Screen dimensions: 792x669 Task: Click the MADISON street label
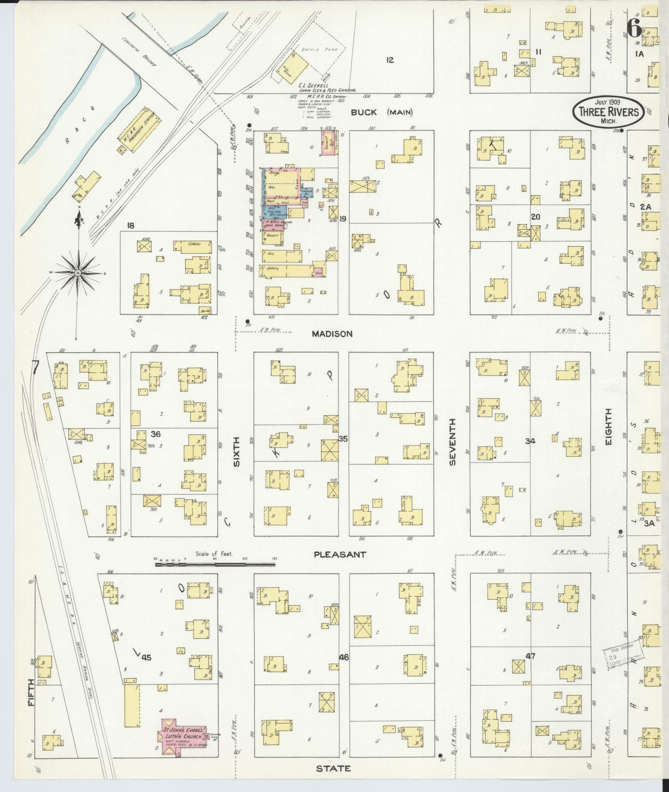click(x=332, y=334)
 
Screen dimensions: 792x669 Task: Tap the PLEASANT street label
click(x=340, y=554)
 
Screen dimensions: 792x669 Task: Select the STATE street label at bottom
click(x=333, y=768)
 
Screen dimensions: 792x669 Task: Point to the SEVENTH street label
click(x=452, y=442)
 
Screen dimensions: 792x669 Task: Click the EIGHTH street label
click(x=609, y=427)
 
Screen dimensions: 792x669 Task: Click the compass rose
click(x=77, y=273)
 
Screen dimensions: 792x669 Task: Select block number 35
click(x=343, y=439)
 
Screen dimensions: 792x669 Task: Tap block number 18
click(x=131, y=226)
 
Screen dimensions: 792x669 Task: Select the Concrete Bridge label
click(x=139, y=52)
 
